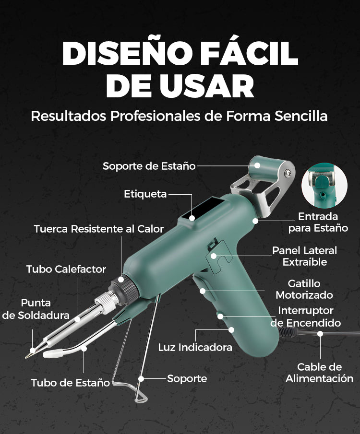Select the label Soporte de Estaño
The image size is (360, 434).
pyautogui.click(x=149, y=166)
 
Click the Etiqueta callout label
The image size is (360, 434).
pyautogui.click(x=145, y=194)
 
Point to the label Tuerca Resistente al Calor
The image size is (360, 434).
pyautogui.click(x=99, y=229)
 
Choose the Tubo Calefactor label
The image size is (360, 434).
pyautogui.click(x=66, y=269)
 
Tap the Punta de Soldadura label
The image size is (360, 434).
pyautogui.click(x=36, y=309)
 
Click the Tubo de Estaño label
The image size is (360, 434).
pyautogui.click(x=71, y=383)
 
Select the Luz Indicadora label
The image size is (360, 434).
pyautogui.click(x=195, y=347)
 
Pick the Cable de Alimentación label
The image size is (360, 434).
pyautogui.click(x=319, y=373)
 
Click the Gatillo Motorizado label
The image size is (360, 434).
pyautogui.click(x=304, y=289)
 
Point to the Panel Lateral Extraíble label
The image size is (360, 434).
pyautogui.click(x=304, y=256)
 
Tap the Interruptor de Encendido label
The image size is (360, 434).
pyautogui.click(x=305, y=317)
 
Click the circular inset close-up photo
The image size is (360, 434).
pyautogui.click(x=324, y=185)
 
